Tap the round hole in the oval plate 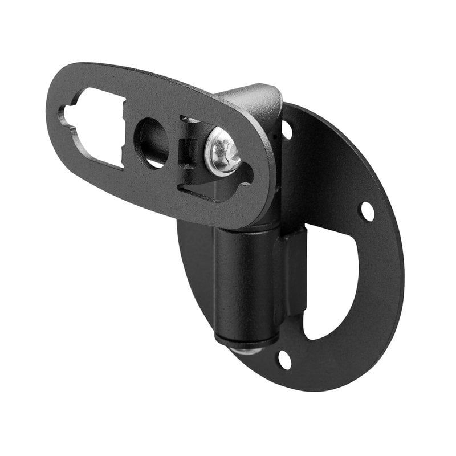point(152,142)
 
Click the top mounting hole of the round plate point(287,131)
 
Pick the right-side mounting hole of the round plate point(367,211)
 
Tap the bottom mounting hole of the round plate point(284,359)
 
